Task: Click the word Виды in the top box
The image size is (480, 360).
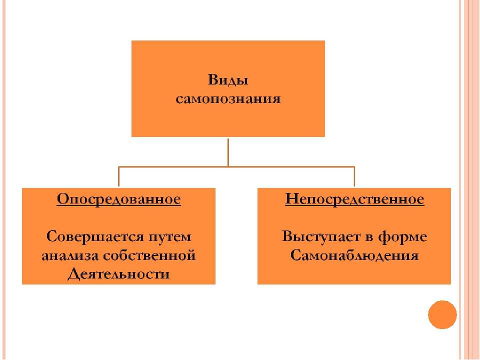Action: click(x=228, y=80)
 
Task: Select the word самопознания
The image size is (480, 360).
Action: click(x=228, y=99)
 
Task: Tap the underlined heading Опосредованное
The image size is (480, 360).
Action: click(x=119, y=199)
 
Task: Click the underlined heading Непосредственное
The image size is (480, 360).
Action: click(x=354, y=199)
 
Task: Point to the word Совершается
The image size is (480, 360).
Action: click(x=95, y=236)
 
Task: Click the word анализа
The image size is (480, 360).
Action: click(x=70, y=255)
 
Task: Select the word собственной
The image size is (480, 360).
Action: click(x=149, y=255)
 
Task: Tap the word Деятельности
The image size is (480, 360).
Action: click(x=118, y=274)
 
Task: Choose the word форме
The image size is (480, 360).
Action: click(x=402, y=237)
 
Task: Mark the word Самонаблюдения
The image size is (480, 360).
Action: click(x=354, y=255)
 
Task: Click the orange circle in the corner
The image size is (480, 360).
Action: click(x=442, y=314)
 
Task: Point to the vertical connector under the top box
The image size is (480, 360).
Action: click(x=228, y=152)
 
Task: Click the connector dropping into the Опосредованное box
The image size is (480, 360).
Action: click(x=119, y=177)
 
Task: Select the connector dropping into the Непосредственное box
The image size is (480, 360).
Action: click(x=354, y=177)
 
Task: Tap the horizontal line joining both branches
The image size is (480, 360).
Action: click(x=236, y=167)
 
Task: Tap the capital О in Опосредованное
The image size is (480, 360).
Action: click(x=63, y=199)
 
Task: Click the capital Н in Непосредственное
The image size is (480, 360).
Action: click(x=292, y=199)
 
